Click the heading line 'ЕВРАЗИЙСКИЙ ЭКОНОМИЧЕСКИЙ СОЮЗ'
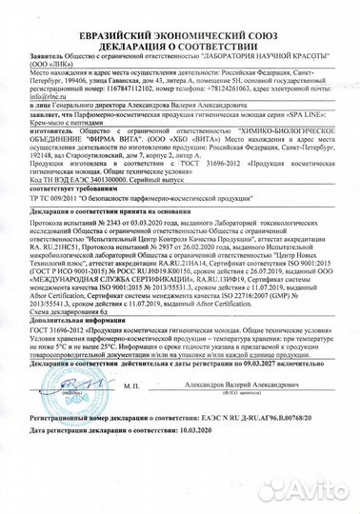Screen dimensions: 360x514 pos(179,10)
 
